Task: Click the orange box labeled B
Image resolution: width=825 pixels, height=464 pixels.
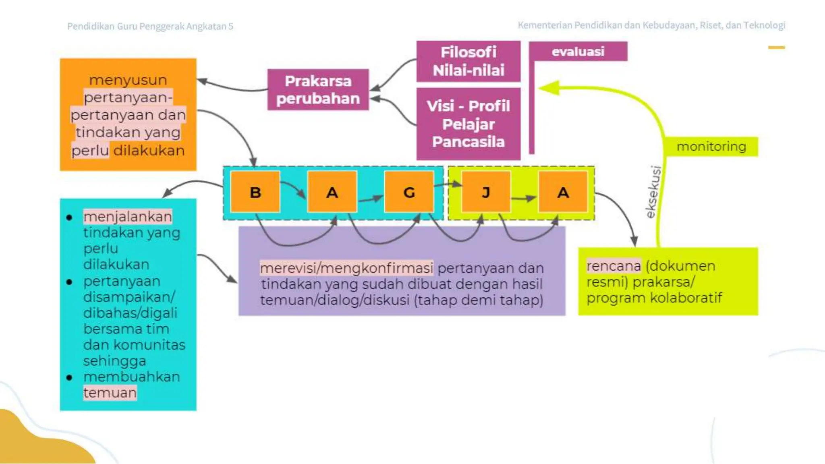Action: pyautogui.click(x=255, y=192)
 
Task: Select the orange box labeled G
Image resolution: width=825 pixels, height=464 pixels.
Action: pyautogui.click(x=409, y=192)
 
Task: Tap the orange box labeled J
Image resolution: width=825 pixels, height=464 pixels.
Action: pyautogui.click(x=486, y=192)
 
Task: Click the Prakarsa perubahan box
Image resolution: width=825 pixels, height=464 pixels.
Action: pyautogui.click(x=318, y=89)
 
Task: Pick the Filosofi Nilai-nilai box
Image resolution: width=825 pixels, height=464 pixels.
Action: pyautogui.click(x=468, y=61)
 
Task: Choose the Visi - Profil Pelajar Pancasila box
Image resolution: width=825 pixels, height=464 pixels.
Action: pyautogui.click(x=468, y=124)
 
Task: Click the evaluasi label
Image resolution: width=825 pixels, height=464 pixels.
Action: pyautogui.click(x=578, y=52)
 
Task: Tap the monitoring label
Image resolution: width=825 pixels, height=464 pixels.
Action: pyautogui.click(x=711, y=147)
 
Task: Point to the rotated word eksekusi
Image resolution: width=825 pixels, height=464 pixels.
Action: pyautogui.click(x=653, y=192)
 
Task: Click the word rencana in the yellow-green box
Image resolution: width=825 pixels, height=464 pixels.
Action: pyautogui.click(x=613, y=266)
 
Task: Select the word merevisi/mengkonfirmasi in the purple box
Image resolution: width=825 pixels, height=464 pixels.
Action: pyautogui.click(x=346, y=268)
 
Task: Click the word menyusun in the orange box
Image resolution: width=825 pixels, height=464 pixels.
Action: pyautogui.click(x=128, y=80)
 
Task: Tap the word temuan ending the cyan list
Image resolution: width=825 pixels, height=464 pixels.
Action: pyautogui.click(x=110, y=392)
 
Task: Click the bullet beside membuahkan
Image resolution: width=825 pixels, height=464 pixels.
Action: pyautogui.click(x=69, y=377)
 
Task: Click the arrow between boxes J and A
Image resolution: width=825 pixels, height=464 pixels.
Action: pyautogui.click(x=524, y=198)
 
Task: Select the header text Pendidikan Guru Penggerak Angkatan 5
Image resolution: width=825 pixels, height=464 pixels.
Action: pyautogui.click(x=150, y=26)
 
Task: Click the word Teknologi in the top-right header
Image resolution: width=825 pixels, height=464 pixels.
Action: pyautogui.click(x=764, y=25)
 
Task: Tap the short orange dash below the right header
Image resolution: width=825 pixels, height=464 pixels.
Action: pyautogui.click(x=776, y=48)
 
